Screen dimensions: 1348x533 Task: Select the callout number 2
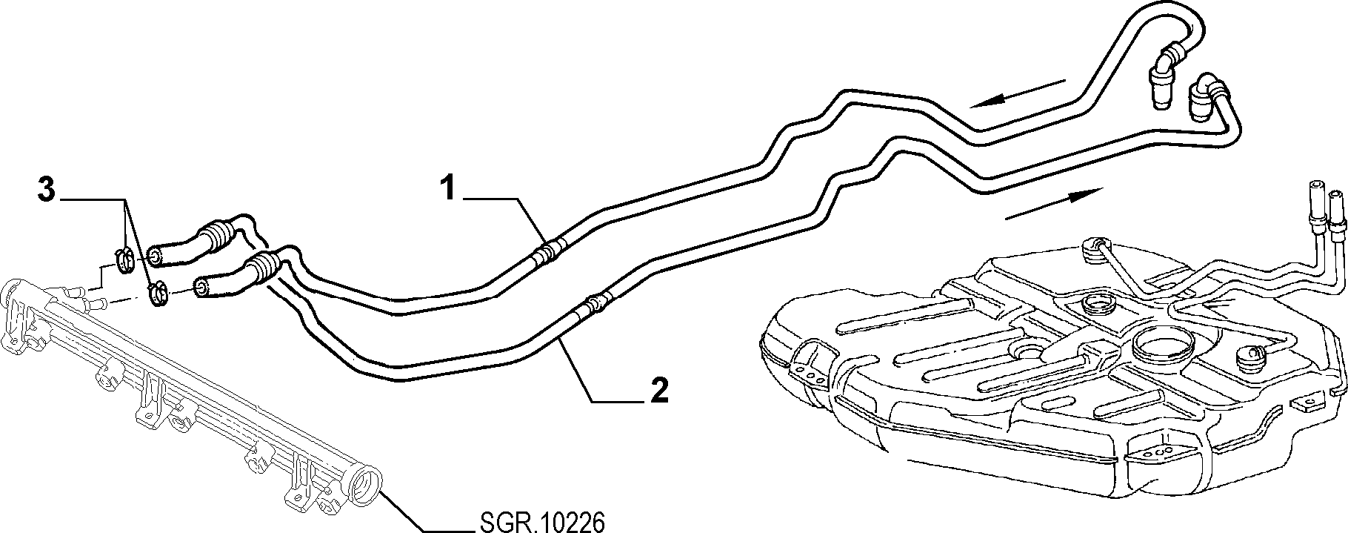tap(658, 391)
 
